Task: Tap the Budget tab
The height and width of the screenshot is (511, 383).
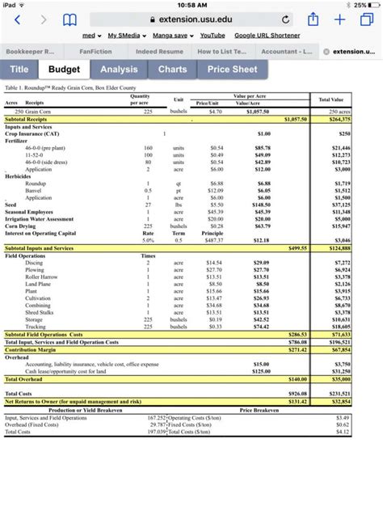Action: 64,70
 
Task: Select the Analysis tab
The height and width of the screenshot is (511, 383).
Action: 119,70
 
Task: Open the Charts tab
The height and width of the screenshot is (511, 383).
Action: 172,70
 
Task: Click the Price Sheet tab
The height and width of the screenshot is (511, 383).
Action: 232,70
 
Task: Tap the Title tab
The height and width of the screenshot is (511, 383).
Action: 19,70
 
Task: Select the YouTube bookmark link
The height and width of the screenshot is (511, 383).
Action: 213,36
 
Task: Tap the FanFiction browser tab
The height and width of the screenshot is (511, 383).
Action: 95,51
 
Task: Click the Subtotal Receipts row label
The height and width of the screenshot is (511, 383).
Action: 27,119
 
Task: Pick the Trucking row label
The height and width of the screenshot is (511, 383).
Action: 36,327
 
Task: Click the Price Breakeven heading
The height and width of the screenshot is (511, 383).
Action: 259,409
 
